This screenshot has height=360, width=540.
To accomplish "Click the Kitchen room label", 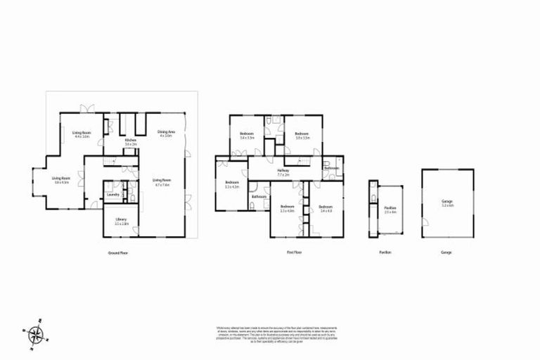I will click(x=131, y=142).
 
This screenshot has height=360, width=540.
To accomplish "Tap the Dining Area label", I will click(x=165, y=133).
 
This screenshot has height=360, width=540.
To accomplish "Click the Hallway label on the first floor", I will click(x=283, y=172).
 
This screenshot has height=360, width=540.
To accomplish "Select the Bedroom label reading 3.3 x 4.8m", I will click(x=287, y=208).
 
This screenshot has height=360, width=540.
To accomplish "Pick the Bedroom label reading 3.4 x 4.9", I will click(x=324, y=208).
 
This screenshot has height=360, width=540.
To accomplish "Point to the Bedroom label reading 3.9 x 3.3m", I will click(x=302, y=135).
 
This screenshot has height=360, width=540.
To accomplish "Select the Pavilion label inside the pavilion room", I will click(x=390, y=210).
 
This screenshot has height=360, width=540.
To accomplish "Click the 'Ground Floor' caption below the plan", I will click(x=117, y=252).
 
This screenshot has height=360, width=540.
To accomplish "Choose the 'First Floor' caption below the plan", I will click(x=294, y=252).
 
